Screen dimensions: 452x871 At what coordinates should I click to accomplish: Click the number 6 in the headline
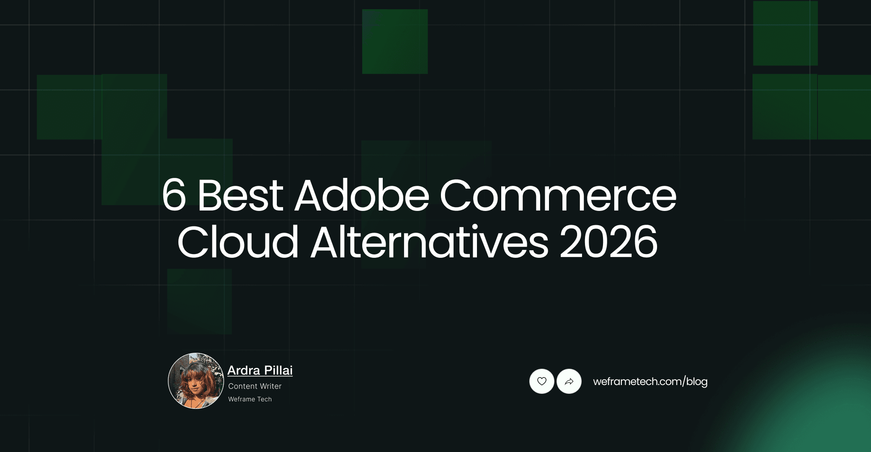174,195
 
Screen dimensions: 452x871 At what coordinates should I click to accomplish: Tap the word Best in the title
240,195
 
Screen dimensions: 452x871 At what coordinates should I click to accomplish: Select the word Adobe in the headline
362,195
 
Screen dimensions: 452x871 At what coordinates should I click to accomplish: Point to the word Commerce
558,195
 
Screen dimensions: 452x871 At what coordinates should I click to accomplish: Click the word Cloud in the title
238,242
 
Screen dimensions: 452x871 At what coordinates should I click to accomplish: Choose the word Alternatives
429,242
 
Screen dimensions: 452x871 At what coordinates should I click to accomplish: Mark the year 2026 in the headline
608,242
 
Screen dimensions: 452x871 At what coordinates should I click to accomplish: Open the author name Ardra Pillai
260,370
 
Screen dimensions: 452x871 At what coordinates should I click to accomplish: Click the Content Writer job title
255,386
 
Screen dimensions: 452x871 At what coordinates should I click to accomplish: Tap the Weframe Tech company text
250,399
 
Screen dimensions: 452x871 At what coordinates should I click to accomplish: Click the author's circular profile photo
196,381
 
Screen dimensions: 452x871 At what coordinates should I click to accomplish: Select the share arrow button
569,381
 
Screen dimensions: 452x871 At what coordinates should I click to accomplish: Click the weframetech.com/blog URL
650,382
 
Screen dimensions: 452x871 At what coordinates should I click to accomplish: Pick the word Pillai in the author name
278,370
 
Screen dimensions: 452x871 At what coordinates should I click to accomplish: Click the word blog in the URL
697,382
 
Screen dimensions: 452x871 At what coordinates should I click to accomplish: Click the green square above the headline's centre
395,41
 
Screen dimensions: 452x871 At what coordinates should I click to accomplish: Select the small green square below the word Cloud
199,301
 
